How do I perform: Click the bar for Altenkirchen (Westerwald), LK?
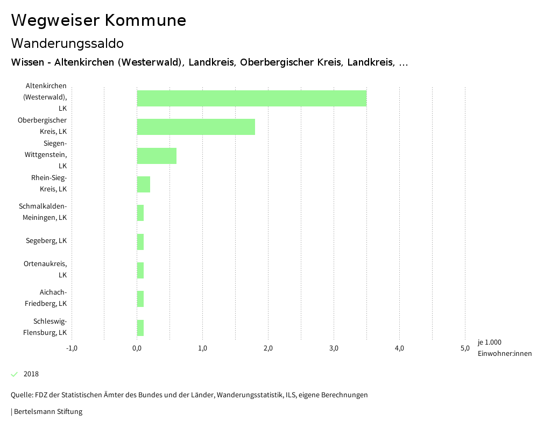[x=252, y=98]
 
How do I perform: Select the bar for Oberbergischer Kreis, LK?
[x=196, y=127]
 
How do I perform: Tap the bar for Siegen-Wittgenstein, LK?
[x=157, y=156]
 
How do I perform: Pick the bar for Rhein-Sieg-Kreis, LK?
[x=144, y=184]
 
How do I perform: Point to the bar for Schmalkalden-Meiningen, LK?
[x=140, y=213]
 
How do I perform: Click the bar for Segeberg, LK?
[x=140, y=242]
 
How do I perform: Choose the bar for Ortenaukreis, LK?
[x=140, y=270]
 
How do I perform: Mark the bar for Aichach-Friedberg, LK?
[x=140, y=299]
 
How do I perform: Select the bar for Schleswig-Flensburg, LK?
[x=140, y=328]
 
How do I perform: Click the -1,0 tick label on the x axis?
[x=72, y=348]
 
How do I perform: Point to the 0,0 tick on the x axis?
[x=137, y=348]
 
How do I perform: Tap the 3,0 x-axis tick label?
[x=334, y=348]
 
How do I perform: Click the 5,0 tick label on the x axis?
[x=465, y=348]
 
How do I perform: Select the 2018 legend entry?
[x=31, y=374]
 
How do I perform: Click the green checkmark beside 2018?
[x=15, y=374]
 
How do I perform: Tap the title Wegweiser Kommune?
[x=98, y=20]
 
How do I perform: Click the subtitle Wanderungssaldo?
[x=67, y=43]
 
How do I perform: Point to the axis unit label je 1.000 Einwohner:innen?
[x=504, y=348]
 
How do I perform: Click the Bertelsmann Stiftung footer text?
[x=47, y=412]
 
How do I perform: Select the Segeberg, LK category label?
[x=46, y=241]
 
